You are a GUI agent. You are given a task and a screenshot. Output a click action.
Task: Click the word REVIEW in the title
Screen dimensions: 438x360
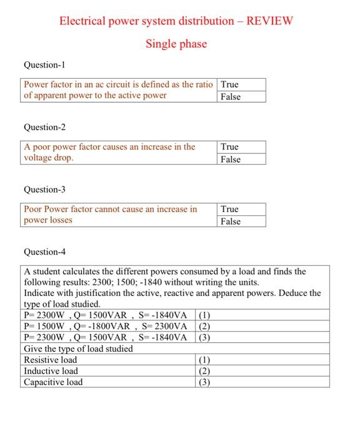click(x=270, y=21)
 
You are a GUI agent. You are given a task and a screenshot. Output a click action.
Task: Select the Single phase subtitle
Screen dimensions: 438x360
click(x=176, y=44)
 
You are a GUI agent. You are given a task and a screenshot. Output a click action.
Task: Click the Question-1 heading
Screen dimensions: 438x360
click(x=44, y=65)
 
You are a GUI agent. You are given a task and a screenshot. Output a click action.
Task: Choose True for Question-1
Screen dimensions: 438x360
click(x=229, y=84)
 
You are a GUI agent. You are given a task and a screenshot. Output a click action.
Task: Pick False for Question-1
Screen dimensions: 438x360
click(x=230, y=96)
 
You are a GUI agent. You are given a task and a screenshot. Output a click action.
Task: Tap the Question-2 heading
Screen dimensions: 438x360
click(x=44, y=127)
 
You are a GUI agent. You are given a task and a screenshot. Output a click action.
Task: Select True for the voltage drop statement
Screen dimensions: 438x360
click(x=229, y=146)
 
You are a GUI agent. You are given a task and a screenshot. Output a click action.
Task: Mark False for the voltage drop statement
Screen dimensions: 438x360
click(x=230, y=159)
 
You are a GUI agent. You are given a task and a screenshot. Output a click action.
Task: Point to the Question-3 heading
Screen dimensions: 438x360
click(x=44, y=189)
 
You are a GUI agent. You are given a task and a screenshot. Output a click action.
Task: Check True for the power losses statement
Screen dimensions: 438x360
click(x=229, y=209)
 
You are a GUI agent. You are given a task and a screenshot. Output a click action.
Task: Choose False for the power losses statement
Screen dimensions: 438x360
click(x=230, y=221)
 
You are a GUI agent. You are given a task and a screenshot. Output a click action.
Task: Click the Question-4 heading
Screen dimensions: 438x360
click(x=44, y=252)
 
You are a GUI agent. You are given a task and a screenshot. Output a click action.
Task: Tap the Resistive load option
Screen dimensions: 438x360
click(x=51, y=360)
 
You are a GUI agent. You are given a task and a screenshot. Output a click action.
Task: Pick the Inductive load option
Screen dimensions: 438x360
click(x=51, y=371)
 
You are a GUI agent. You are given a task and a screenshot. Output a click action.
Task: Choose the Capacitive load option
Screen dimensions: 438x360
click(x=53, y=382)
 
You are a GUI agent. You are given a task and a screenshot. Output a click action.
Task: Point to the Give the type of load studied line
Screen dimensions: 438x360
click(x=78, y=349)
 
